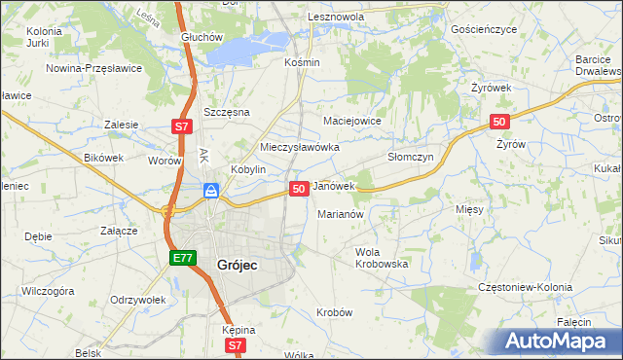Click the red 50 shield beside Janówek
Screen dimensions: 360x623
[300, 188]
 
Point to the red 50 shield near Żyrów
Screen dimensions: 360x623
[498, 121]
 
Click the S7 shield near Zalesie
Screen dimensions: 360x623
[182, 126]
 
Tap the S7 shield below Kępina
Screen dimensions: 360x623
[235, 344]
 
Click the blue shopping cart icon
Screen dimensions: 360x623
[210, 191]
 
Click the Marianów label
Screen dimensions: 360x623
[341, 214]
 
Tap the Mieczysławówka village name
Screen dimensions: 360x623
[299, 147]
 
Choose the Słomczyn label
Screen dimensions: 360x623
[410, 156]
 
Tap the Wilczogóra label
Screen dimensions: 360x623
[49, 290]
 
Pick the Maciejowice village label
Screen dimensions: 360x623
[351, 121]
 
